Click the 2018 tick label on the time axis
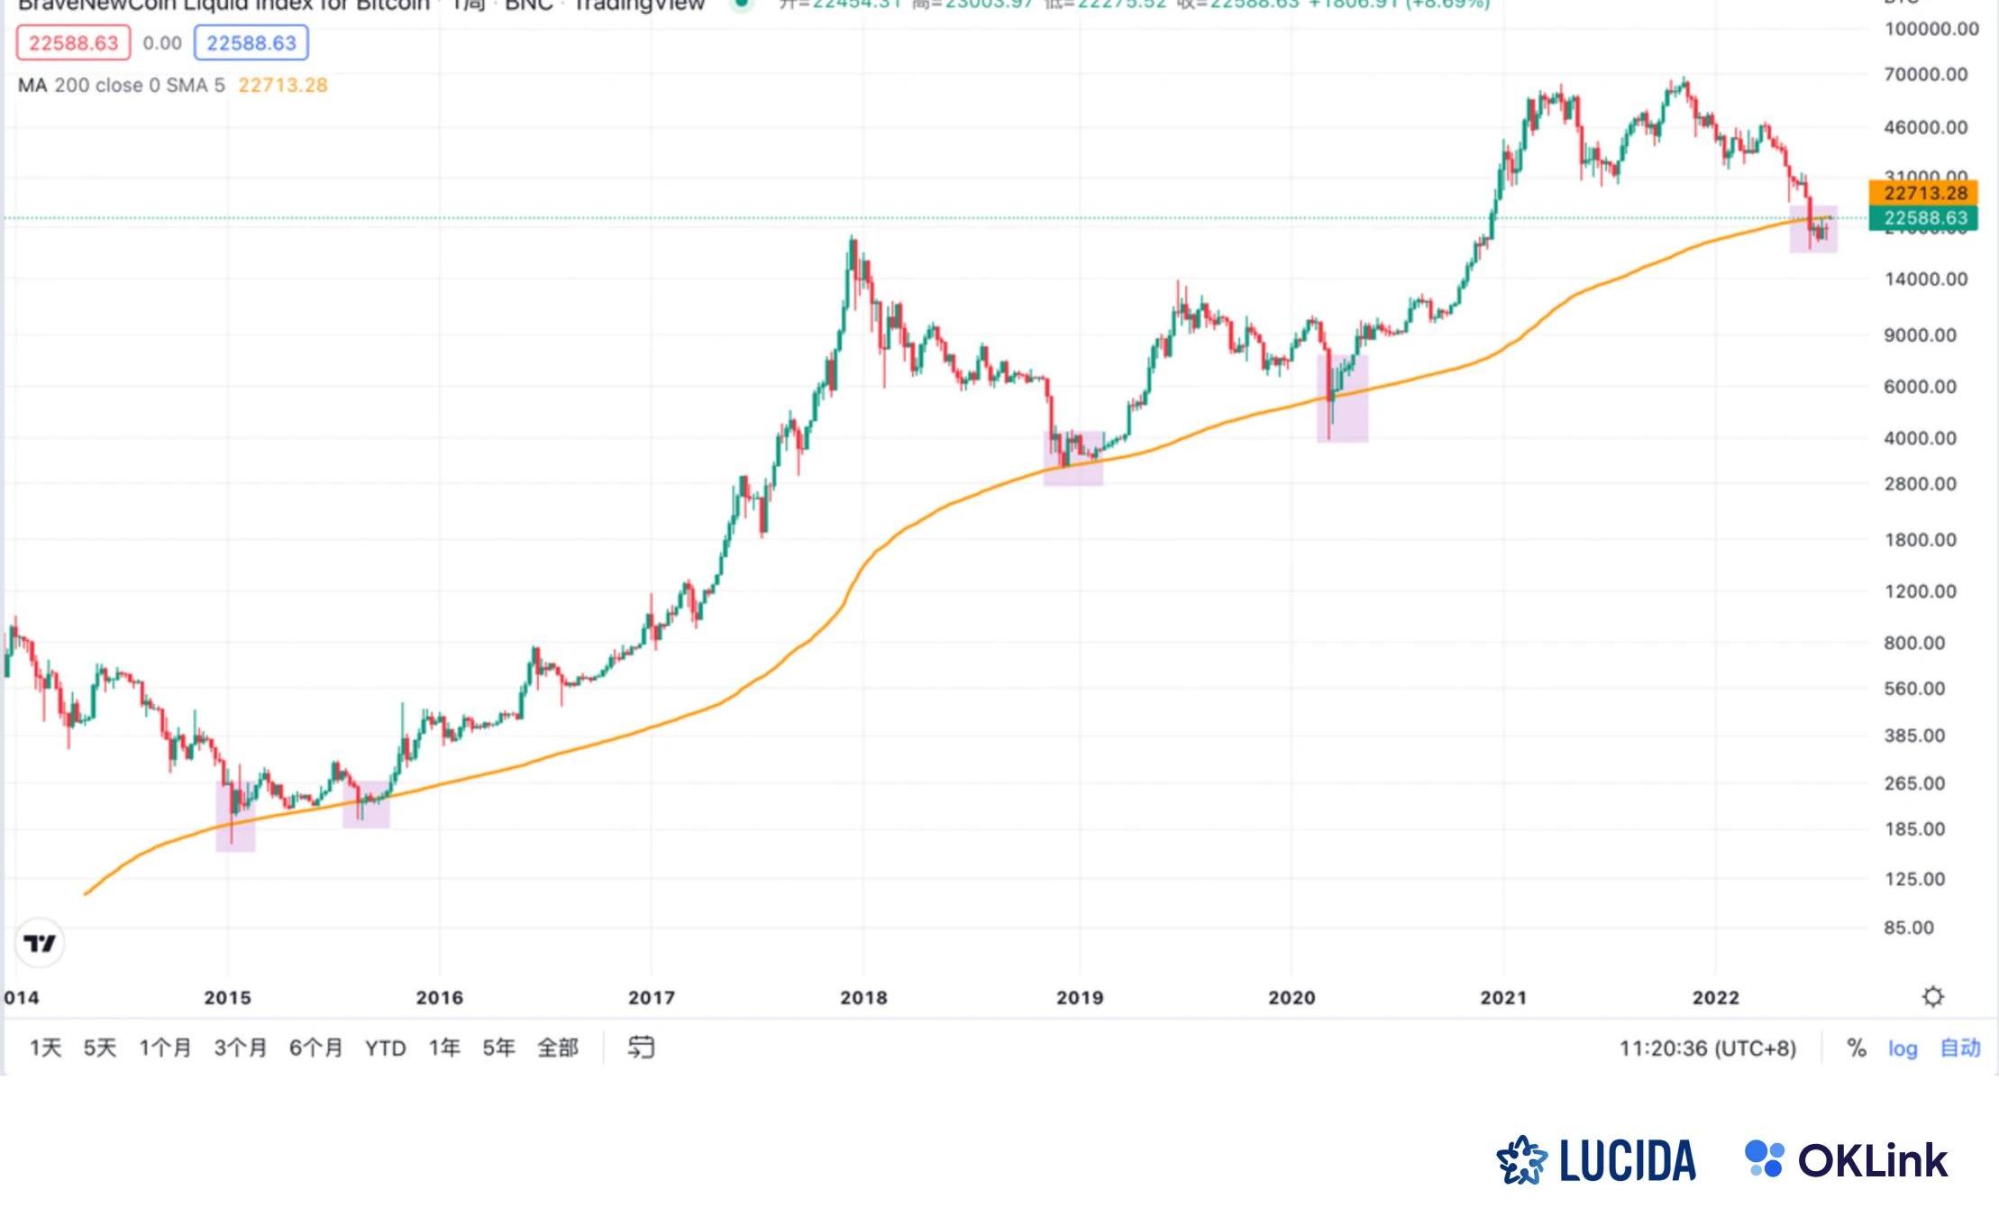point(863,998)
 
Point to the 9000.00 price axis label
point(1920,335)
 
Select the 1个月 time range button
point(165,1048)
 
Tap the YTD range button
point(385,1048)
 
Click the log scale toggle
point(1903,1048)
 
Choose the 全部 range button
point(557,1048)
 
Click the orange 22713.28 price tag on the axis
point(1924,193)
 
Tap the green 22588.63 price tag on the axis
point(1924,218)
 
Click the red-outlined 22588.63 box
point(73,43)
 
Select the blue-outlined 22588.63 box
point(251,43)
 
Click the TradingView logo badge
point(40,943)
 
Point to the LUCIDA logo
point(1596,1160)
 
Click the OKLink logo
point(1847,1160)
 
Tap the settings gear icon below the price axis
point(1932,997)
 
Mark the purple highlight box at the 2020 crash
point(1343,398)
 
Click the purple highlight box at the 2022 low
point(1813,229)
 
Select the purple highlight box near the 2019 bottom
point(1073,458)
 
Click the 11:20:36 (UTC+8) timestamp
point(1707,1048)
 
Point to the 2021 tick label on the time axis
point(1503,998)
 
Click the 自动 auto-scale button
point(1959,1048)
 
